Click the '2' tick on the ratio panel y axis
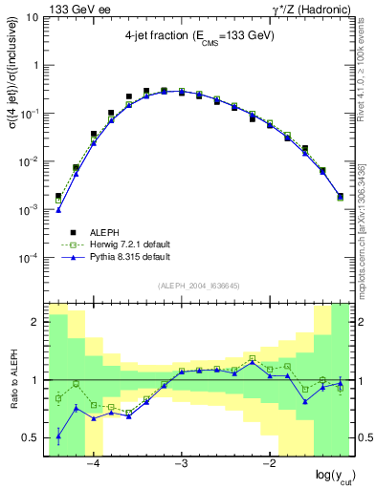pyautogui.click(x=36, y=322)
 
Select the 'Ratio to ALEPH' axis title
pyautogui.click(x=11, y=380)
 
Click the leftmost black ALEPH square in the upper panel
pyautogui.click(x=58, y=196)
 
